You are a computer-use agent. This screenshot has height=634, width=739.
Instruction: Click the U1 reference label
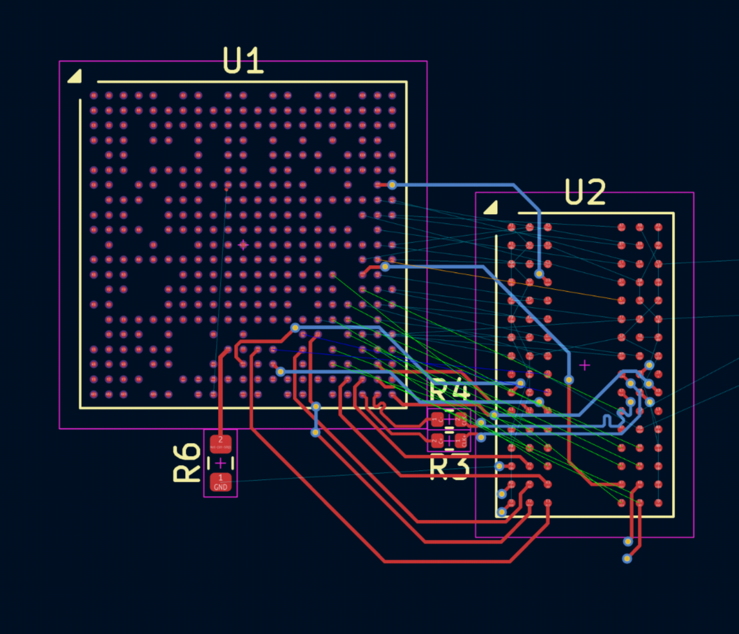[243, 61]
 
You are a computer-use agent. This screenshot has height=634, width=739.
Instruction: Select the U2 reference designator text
[585, 192]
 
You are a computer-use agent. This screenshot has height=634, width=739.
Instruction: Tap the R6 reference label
[187, 462]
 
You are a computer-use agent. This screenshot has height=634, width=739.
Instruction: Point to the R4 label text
[449, 391]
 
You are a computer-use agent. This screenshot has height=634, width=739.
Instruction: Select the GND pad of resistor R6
[221, 481]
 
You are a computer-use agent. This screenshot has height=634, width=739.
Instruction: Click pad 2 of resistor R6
[221, 444]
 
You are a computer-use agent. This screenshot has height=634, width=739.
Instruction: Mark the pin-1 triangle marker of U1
[74, 77]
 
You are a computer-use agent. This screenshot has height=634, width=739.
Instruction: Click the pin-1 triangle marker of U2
[491, 207]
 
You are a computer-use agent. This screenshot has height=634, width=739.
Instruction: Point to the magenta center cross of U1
[243, 244]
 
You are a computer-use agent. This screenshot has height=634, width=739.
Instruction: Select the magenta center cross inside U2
[584, 365]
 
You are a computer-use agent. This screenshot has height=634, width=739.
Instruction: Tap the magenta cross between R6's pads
[221, 462]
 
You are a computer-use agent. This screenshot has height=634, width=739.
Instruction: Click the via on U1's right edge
[391, 185]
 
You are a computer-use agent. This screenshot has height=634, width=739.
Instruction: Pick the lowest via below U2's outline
[627, 559]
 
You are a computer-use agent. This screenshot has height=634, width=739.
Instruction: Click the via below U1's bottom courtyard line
[315, 432]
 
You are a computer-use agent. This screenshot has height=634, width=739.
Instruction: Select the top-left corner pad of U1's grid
[94, 95]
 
